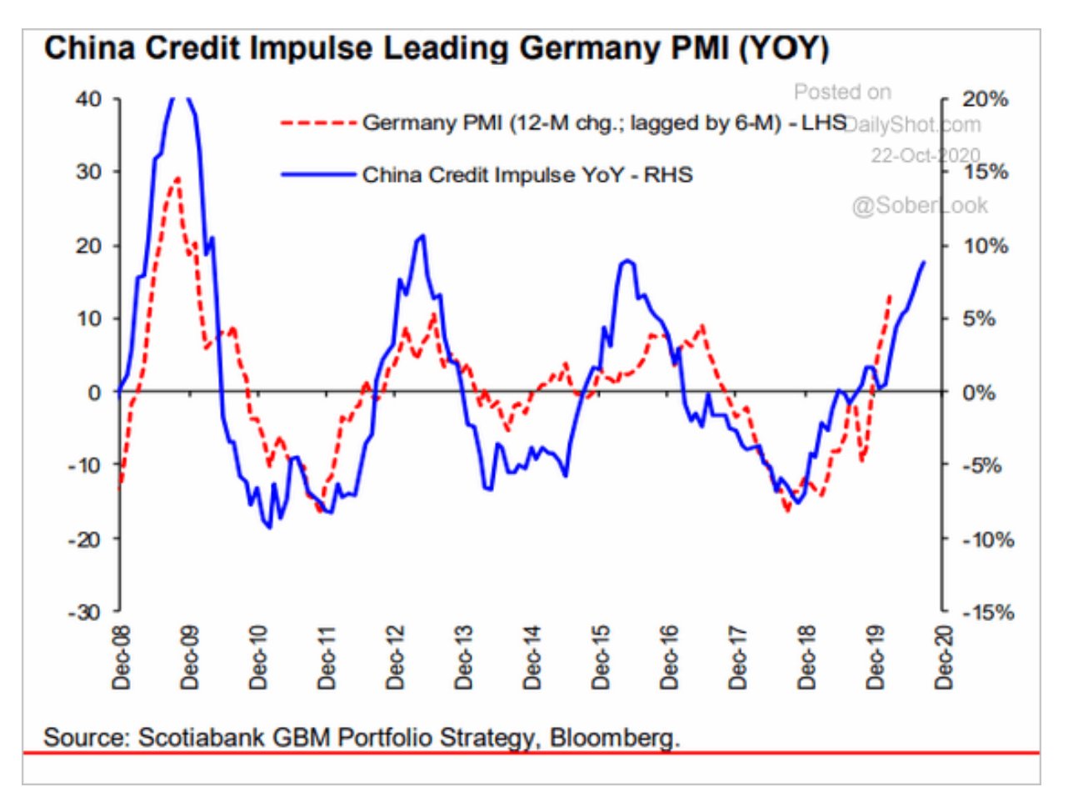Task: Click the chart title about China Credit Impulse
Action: point(437,48)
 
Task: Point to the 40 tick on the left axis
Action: point(87,99)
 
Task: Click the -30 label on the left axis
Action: point(83,612)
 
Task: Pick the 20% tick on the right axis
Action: point(986,99)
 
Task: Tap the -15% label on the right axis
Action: point(989,613)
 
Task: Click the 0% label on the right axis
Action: point(979,392)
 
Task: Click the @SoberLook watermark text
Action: point(920,205)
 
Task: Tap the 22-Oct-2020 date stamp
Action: point(926,155)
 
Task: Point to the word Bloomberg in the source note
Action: point(615,738)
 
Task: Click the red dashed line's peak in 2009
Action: point(177,178)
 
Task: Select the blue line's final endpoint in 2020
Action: point(923,263)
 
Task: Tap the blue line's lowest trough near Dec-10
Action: point(269,527)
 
